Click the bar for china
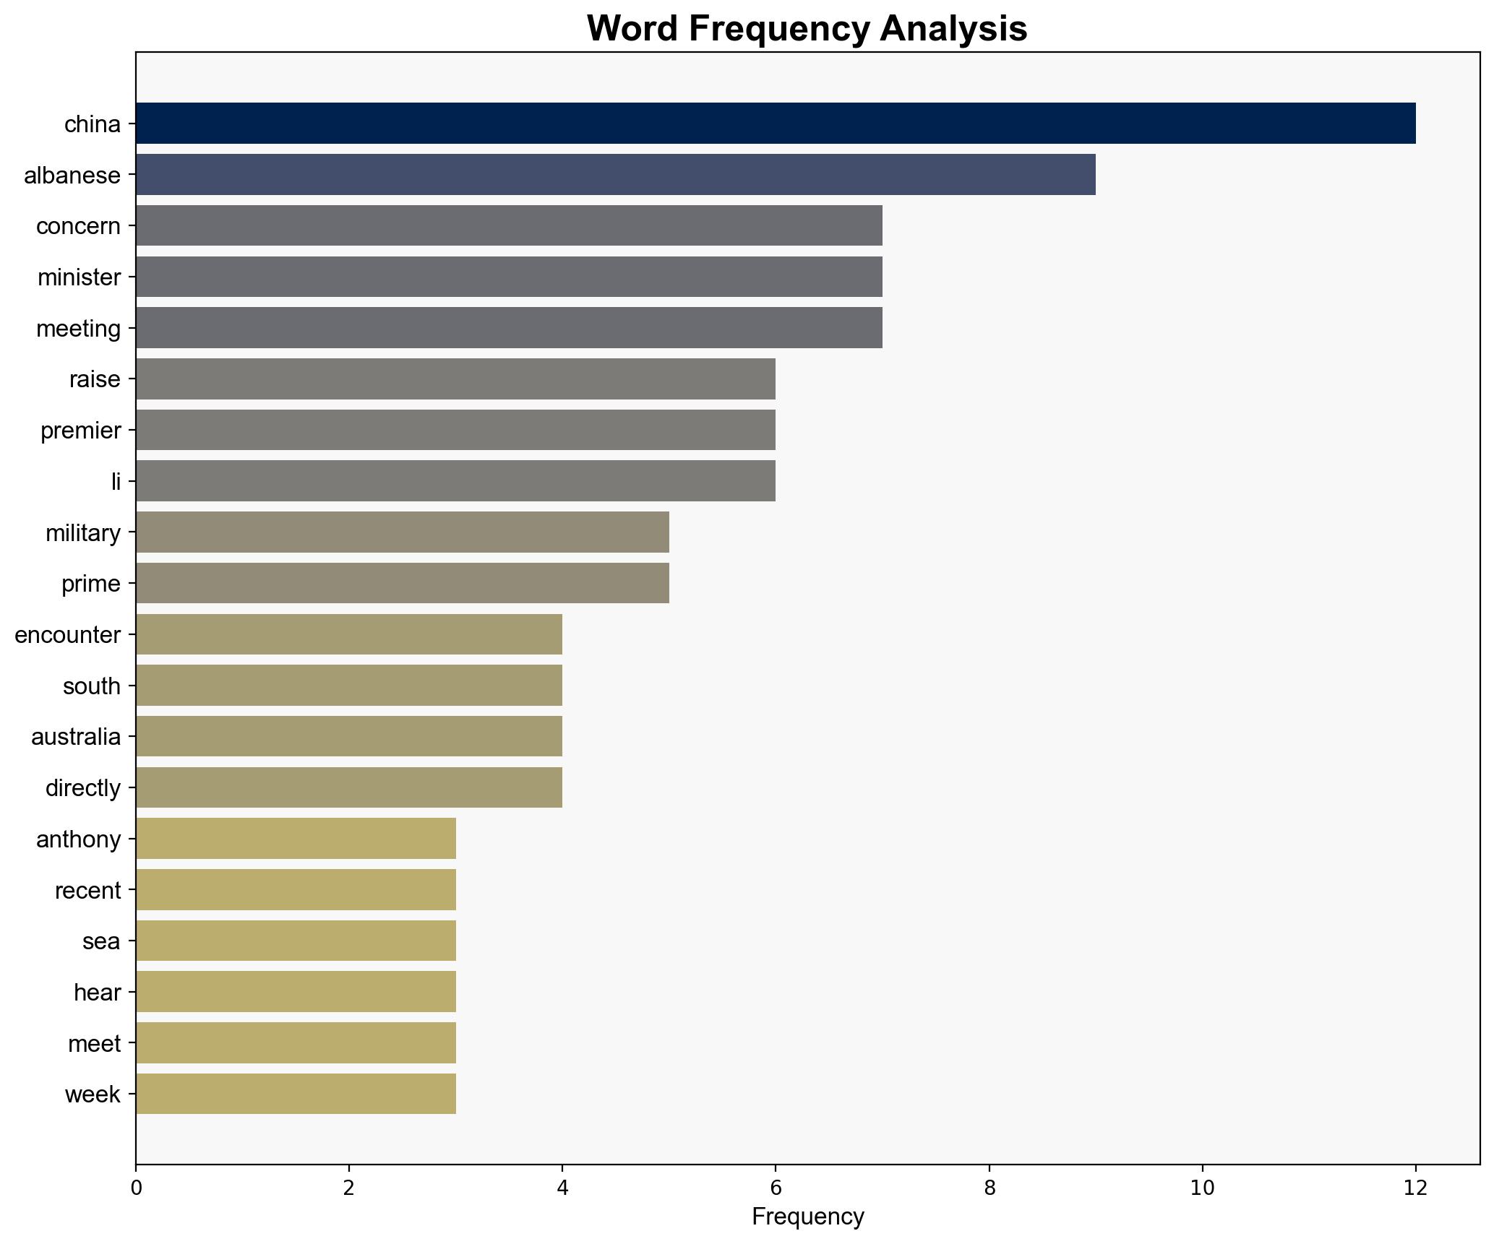point(775,124)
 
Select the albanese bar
point(615,175)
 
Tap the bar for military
point(402,532)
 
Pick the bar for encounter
point(348,634)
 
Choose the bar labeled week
point(296,1094)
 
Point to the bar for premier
point(455,430)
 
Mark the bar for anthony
point(296,839)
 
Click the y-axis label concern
point(78,226)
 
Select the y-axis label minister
point(79,277)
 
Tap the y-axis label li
point(116,481)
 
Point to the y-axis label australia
point(76,737)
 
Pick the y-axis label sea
point(101,941)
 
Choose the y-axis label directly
point(82,787)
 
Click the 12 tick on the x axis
point(1415,1188)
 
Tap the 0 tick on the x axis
point(136,1188)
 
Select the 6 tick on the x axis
point(776,1188)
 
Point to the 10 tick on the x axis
point(1202,1188)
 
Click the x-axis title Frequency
point(807,1217)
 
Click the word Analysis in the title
point(953,29)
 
